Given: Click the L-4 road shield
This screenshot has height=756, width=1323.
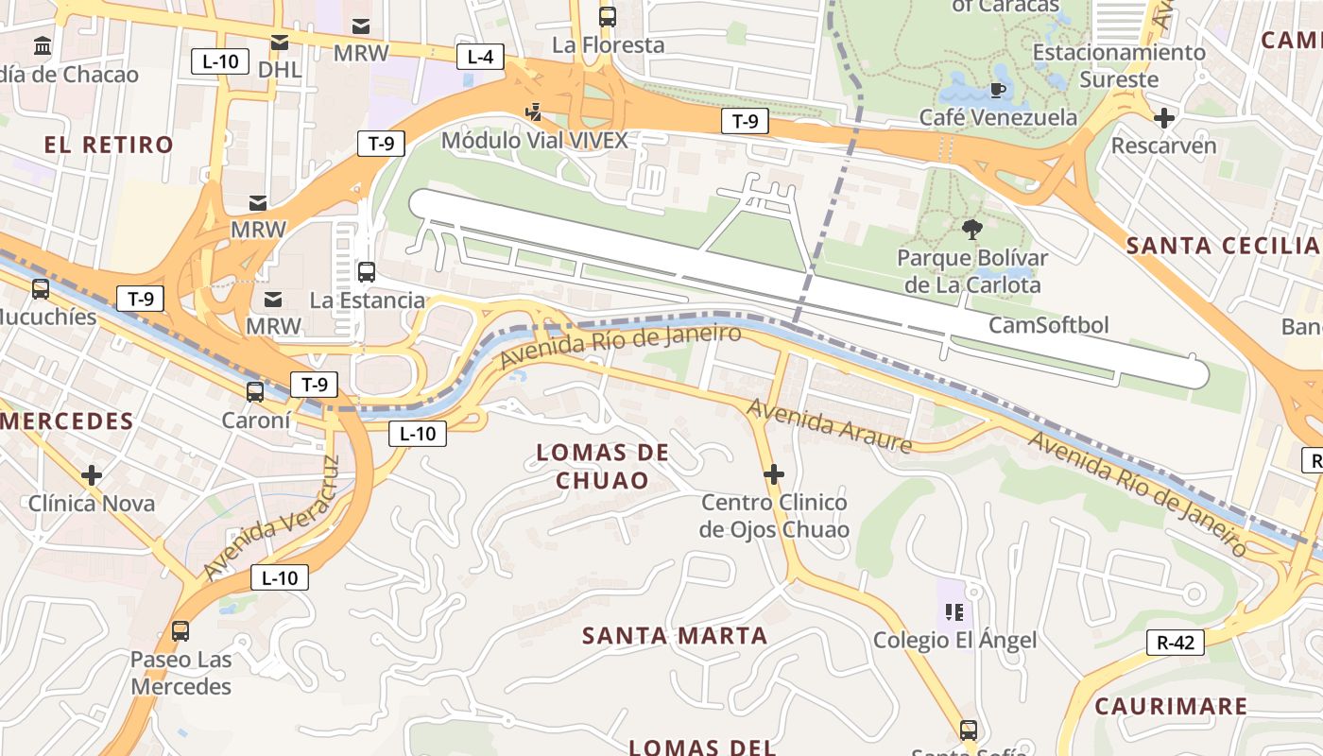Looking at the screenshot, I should point(480,57).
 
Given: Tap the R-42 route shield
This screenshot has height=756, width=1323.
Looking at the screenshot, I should point(1176,643).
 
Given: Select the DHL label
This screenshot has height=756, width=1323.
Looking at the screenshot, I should point(280,69).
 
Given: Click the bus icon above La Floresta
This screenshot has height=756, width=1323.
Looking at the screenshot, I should point(608,16).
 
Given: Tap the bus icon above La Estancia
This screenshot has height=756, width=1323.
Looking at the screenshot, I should point(367,272).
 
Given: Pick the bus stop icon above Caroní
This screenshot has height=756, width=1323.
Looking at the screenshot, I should point(255,392).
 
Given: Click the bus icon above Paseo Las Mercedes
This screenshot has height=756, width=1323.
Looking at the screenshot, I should point(180,630).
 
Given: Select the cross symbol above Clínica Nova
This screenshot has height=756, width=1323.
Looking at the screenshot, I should point(92,474).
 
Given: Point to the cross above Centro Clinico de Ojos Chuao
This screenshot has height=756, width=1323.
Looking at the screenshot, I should point(774,473).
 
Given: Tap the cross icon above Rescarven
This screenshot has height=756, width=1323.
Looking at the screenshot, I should point(1164,118).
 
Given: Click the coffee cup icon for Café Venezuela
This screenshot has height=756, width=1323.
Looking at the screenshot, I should point(997,90).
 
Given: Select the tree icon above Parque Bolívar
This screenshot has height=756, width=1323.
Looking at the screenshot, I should point(971,229).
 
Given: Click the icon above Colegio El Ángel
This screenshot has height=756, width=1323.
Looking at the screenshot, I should point(954,612).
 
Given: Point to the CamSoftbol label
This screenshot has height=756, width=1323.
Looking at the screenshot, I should point(1049,325).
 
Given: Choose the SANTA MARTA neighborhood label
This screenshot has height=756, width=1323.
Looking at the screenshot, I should point(675,636).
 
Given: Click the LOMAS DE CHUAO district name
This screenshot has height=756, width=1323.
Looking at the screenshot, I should point(603,467).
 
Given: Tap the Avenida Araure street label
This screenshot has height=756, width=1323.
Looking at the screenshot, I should point(829,425).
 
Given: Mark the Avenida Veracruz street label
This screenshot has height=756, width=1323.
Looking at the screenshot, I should point(271,519).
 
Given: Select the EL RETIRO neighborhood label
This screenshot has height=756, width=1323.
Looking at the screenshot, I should point(110,145).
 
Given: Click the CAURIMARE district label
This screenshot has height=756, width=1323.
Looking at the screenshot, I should point(1171,706).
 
